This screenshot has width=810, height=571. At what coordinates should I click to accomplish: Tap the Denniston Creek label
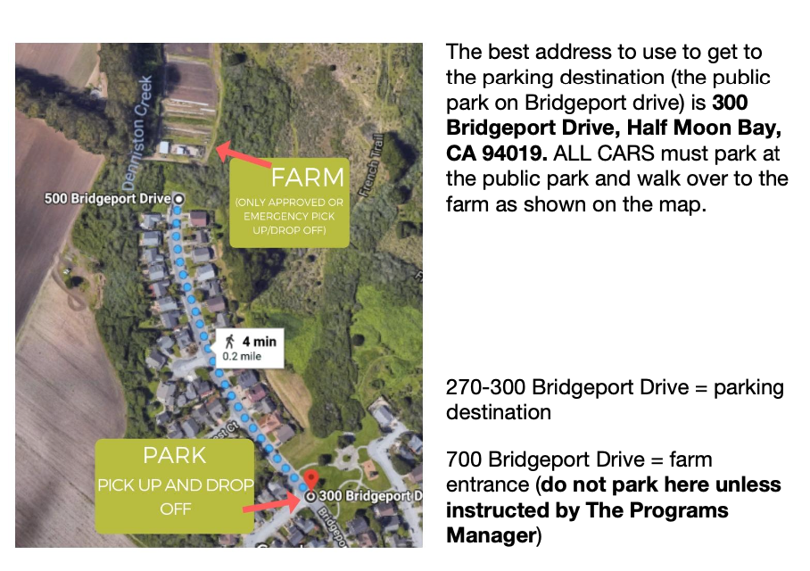138,133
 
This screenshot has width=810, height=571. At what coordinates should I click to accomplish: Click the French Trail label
371,165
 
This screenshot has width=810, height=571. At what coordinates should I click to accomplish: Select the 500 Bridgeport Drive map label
107,198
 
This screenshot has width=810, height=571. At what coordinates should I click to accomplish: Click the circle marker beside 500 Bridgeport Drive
178,199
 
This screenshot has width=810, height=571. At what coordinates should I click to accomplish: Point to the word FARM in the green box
308,178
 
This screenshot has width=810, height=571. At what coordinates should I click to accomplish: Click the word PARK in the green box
175,456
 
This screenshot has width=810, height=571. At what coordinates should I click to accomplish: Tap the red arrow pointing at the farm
243,154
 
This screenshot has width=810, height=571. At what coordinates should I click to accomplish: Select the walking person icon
230,342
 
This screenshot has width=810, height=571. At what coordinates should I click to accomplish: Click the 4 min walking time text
260,342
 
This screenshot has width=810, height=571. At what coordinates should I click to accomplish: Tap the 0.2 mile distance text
242,357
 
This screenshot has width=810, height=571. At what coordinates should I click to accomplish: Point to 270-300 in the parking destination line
485,387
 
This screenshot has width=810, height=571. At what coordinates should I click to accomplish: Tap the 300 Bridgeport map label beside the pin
370,496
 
